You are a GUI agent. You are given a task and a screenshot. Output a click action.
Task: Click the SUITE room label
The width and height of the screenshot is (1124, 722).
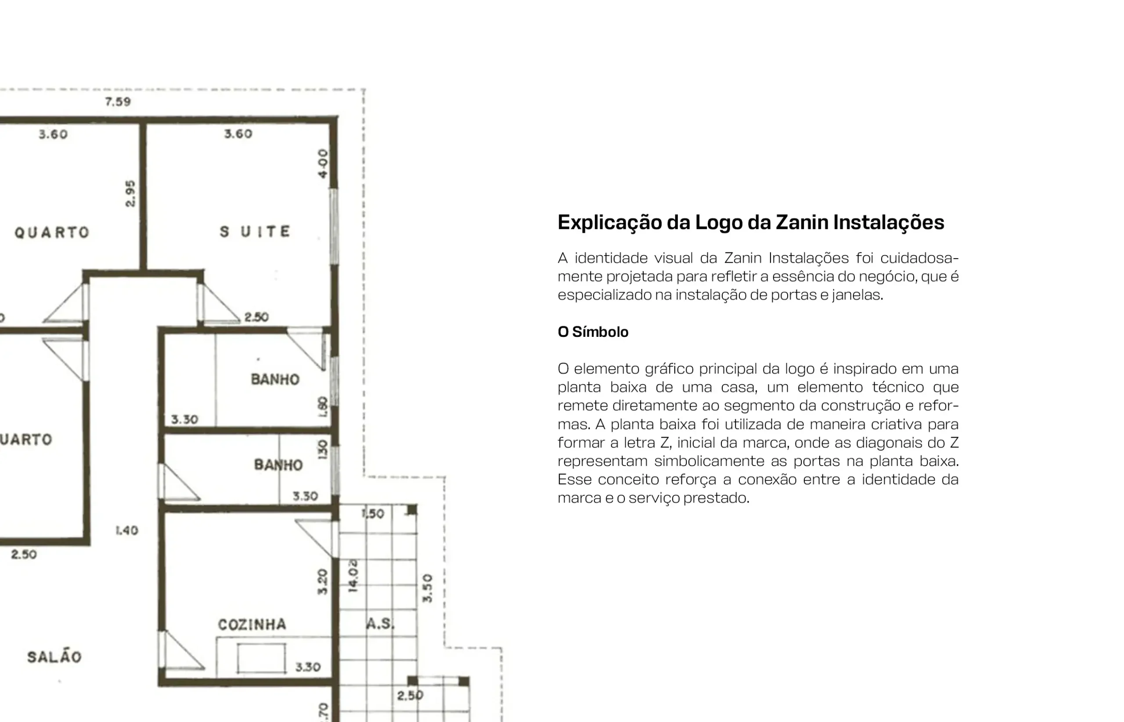point(256,231)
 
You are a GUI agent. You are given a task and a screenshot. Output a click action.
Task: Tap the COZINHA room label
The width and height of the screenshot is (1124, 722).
point(252,625)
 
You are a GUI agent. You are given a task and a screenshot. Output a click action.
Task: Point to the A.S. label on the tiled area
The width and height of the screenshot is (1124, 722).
point(380,624)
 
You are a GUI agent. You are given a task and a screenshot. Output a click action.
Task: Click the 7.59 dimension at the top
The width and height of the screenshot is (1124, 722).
point(118,102)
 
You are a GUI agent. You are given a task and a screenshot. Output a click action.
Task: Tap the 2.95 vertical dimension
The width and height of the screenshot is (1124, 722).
point(130,193)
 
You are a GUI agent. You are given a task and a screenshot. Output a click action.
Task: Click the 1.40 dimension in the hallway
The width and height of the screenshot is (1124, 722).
point(126,530)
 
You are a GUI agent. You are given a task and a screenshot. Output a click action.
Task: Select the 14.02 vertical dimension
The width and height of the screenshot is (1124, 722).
point(353,575)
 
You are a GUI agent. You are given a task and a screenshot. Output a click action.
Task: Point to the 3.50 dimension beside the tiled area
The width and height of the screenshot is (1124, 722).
point(428,588)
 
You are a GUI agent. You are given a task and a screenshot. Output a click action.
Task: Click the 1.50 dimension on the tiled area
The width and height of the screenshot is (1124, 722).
point(373,513)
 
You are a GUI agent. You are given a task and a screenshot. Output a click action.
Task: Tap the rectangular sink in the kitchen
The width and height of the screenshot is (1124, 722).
point(262,658)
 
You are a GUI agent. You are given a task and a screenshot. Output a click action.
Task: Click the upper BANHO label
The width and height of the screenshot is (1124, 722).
point(275,379)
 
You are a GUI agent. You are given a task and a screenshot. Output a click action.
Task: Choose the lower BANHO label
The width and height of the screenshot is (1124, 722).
point(278,465)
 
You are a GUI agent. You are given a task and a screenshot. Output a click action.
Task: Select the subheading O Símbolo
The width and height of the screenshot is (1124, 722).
point(593,332)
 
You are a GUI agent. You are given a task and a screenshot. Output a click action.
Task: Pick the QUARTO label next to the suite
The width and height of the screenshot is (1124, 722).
point(52,232)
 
